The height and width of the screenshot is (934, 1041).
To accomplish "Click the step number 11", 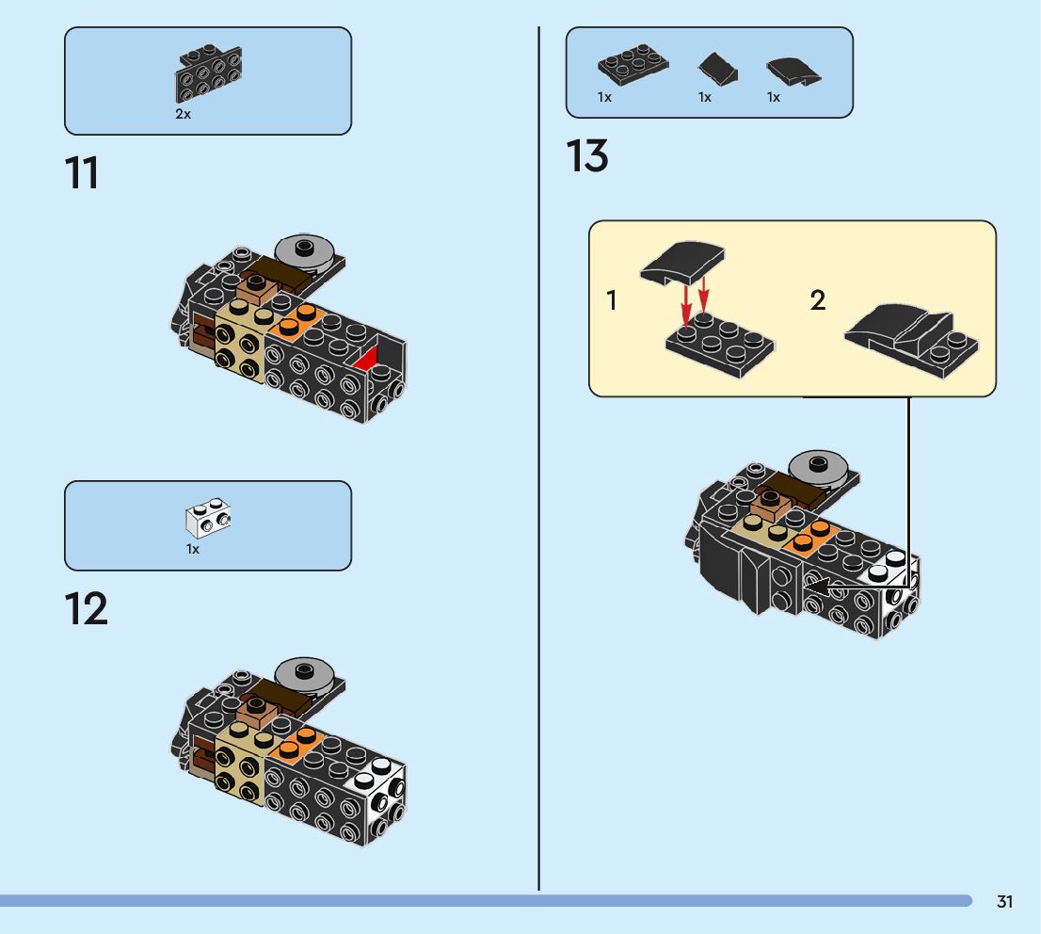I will point(82,173).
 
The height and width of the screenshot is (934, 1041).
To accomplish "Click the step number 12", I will point(86,609).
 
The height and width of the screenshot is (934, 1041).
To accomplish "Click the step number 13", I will point(587,156).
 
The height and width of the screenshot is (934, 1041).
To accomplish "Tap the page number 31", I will point(1004,902).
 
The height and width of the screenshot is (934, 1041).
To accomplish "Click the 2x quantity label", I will point(183,114).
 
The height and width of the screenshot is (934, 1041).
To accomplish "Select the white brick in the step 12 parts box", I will point(209,518).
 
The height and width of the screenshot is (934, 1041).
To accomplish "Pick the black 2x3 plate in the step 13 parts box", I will point(633,64).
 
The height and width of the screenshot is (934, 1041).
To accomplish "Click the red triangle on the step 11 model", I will point(366,357).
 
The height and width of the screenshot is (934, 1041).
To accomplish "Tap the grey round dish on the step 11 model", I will point(304,250).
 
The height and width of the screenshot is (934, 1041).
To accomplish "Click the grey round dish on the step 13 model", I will point(818,465).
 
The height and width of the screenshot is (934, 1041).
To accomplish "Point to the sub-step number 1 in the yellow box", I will point(612,301).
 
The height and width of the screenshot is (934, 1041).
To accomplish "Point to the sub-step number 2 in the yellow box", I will point(817,301).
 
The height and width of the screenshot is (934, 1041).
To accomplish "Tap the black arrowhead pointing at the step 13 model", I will point(815,588).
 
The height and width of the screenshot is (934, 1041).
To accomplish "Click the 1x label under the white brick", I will point(192,549).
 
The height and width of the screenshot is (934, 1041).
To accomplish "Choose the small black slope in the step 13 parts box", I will point(716,68).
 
